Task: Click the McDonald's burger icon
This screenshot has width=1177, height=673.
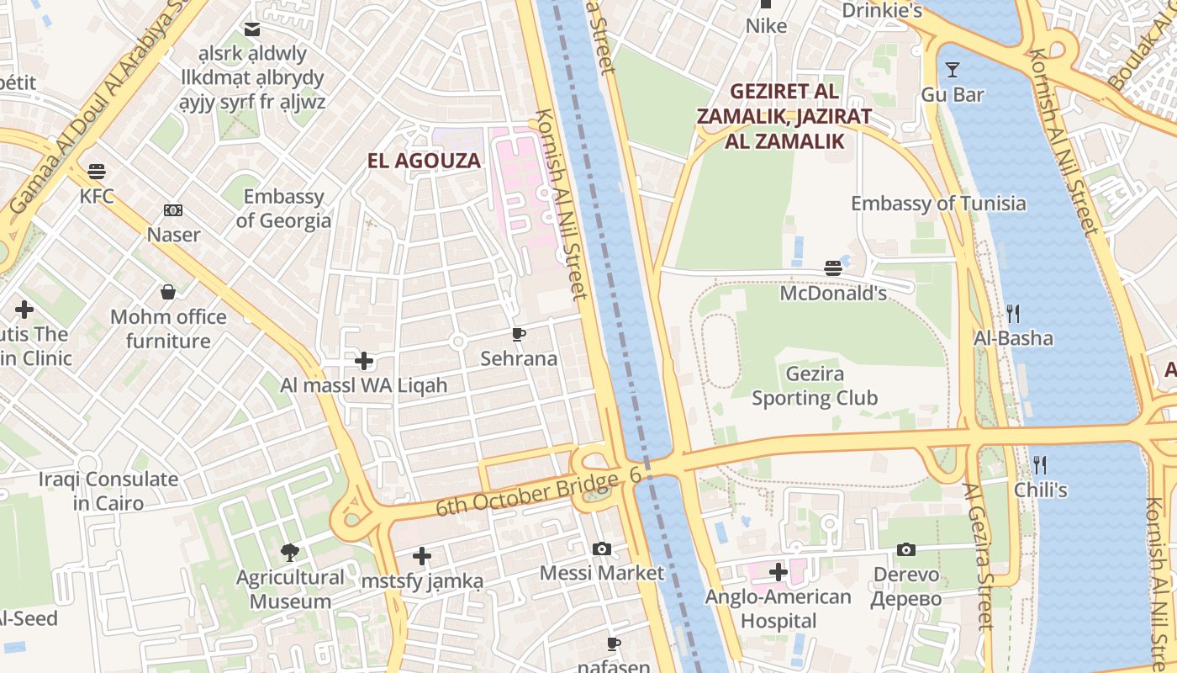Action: (x=833, y=268)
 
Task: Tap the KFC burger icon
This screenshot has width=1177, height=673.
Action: (x=97, y=172)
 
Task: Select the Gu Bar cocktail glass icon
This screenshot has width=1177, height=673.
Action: (x=953, y=70)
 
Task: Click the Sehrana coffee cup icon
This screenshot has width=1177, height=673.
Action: (x=519, y=335)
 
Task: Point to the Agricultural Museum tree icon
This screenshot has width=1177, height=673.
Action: (x=290, y=553)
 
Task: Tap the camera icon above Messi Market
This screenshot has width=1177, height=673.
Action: (x=602, y=548)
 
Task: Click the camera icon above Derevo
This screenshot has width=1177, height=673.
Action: (x=905, y=549)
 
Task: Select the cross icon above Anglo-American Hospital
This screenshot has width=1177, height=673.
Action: (x=779, y=573)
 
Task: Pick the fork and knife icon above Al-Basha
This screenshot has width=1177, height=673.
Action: (x=1013, y=314)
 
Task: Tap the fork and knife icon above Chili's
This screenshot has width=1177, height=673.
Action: (x=1040, y=464)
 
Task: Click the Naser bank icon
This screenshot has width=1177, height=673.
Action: (x=173, y=210)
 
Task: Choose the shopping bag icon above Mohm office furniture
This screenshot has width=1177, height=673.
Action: (x=168, y=293)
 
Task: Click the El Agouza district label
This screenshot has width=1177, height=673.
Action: (x=424, y=161)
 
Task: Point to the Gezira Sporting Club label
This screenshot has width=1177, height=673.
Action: (x=814, y=386)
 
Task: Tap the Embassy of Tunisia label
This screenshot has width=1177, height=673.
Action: (x=938, y=204)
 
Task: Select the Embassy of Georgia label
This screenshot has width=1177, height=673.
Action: (x=283, y=209)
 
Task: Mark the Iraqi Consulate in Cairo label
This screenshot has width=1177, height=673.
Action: (x=108, y=491)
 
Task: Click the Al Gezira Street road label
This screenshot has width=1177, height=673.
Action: (x=979, y=555)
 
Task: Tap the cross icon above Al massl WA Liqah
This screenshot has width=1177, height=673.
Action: (x=364, y=362)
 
